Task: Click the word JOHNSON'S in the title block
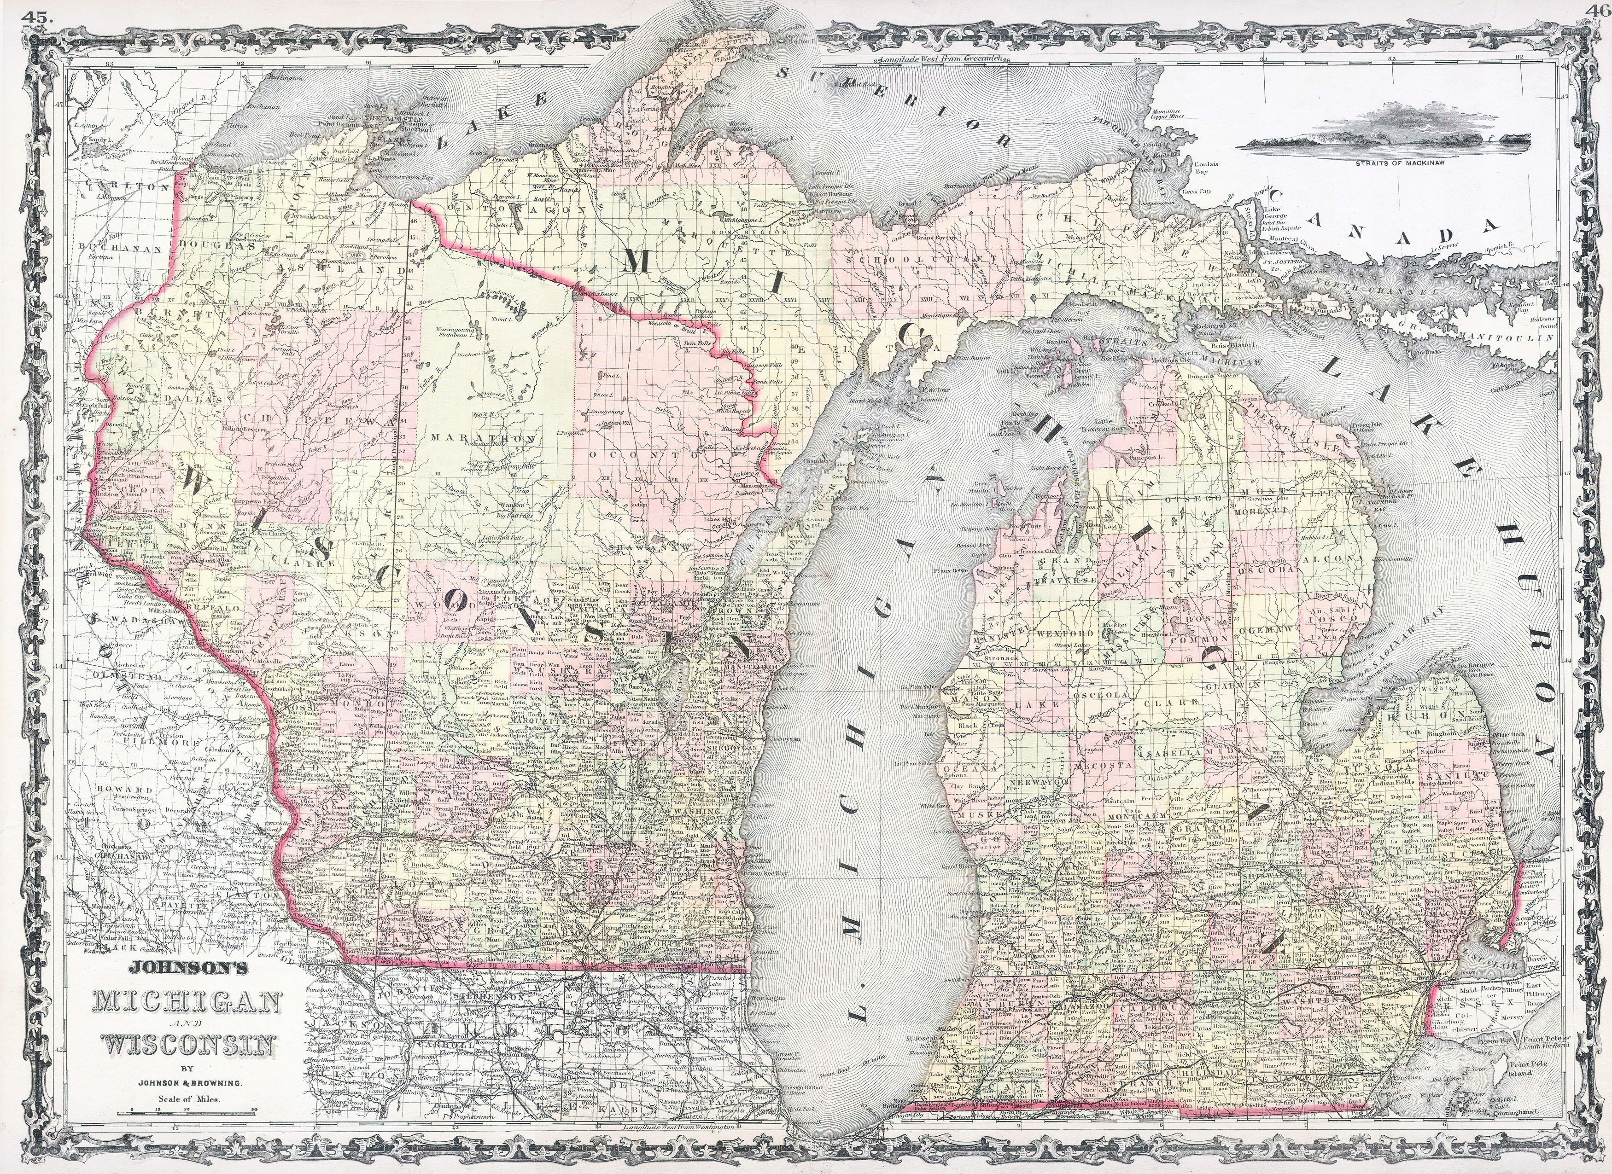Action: pyautogui.click(x=187, y=967)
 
